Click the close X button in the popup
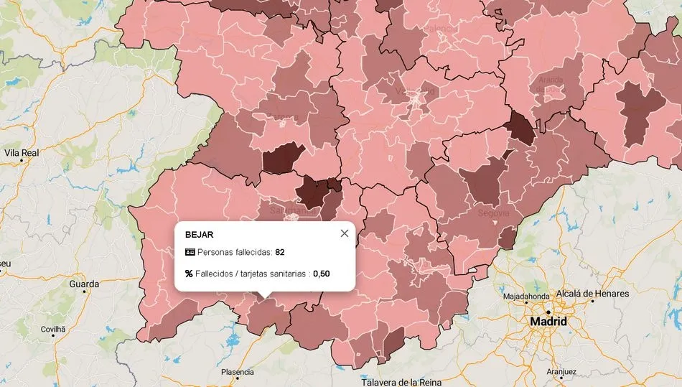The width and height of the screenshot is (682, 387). click(x=345, y=233)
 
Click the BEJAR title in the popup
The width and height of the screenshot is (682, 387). click(x=199, y=235)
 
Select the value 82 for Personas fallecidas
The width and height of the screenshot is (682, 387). click(x=280, y=252)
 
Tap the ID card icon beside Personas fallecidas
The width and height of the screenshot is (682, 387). click(x=190, y=252)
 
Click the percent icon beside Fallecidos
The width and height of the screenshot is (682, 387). click(x=190, y=274)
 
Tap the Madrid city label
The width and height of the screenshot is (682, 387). click(x=548, y=322)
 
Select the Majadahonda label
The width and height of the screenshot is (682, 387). click(x=525, y=296)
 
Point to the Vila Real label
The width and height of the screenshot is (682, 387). click(x=22, y=153)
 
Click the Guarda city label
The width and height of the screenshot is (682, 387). click(x=84, y=284)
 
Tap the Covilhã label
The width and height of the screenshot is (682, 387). click(x=52, y=329)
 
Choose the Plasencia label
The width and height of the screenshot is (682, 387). click(x=237, y=372)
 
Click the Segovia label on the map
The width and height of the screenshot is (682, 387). click(x=493, y=213)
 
